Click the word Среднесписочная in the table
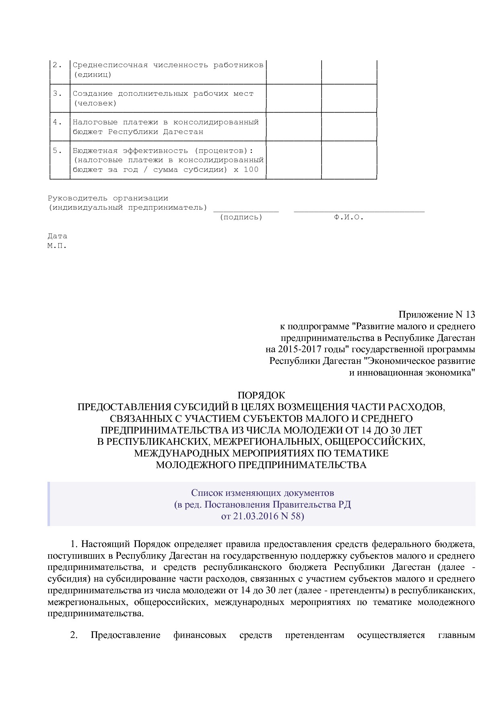[x=110, y=65]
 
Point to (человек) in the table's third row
[x=95, y=103]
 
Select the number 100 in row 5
[x=251, y=170]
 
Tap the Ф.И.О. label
[x=348, y=217]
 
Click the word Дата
[x=57, y=236]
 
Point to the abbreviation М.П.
[x=57, y=246]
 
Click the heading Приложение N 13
[x=437, y=314]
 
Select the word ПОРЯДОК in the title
[x=261, y=395]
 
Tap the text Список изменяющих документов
[x=262, y=493]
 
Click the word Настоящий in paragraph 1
[x=106, y=545]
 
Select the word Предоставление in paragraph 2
[x=125, y=636]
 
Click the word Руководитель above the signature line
[x=78, y=198]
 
